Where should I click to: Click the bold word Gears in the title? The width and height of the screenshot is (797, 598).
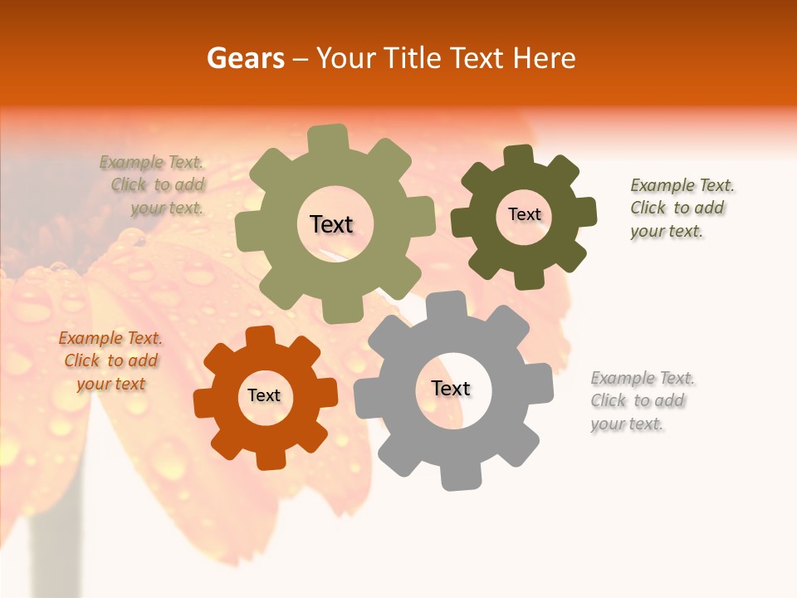(x=245, y=58)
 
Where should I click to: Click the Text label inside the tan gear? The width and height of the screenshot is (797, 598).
(x=331, y=224)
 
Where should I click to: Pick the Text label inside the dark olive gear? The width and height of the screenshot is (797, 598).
(x=524, y=214)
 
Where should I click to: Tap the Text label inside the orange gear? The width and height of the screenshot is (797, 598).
(x=264, y=395)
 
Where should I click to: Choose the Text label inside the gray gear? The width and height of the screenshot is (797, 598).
(x=451, y=388)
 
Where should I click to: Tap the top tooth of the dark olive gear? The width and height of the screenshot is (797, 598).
(x=519, y=156)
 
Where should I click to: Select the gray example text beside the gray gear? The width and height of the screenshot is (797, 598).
(x=643, y=401)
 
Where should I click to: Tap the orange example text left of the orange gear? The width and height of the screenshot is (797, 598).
(x=110, y=360)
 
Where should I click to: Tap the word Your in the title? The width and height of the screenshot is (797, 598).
(x=343, y=58)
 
